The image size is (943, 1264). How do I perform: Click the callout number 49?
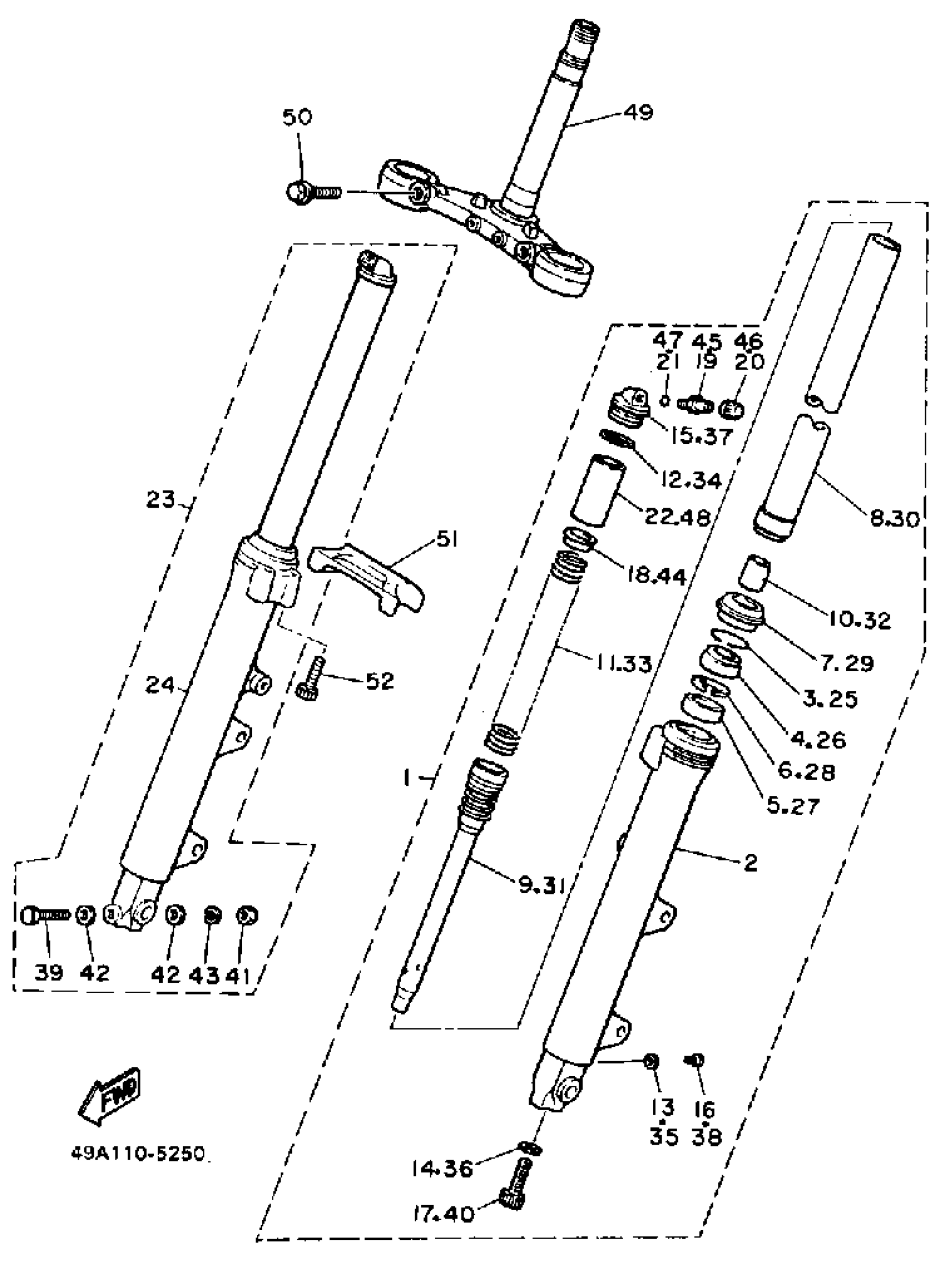point(637,112)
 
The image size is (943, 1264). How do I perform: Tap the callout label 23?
point(160,499)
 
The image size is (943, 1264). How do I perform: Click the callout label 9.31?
point(542,886)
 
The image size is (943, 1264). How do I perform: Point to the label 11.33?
point(623,664)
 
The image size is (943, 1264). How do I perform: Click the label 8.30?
point(895,518)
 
